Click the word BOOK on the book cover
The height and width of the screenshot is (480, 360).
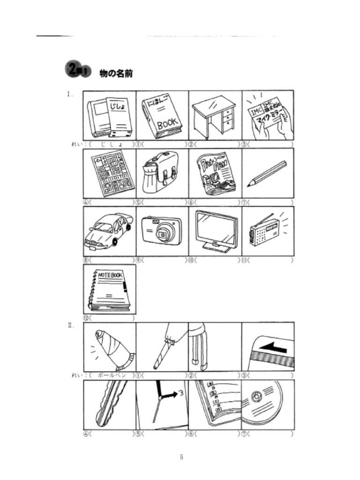click(x=167, y=124)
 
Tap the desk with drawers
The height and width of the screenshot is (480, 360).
click(x=214, y=116)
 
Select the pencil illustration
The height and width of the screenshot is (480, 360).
click(x=268, y=173)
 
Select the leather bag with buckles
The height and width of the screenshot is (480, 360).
click(x=161, y=172)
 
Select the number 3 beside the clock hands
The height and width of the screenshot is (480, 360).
click(x=180, y=392)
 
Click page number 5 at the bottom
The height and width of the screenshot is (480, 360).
click(x=181, y=457)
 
